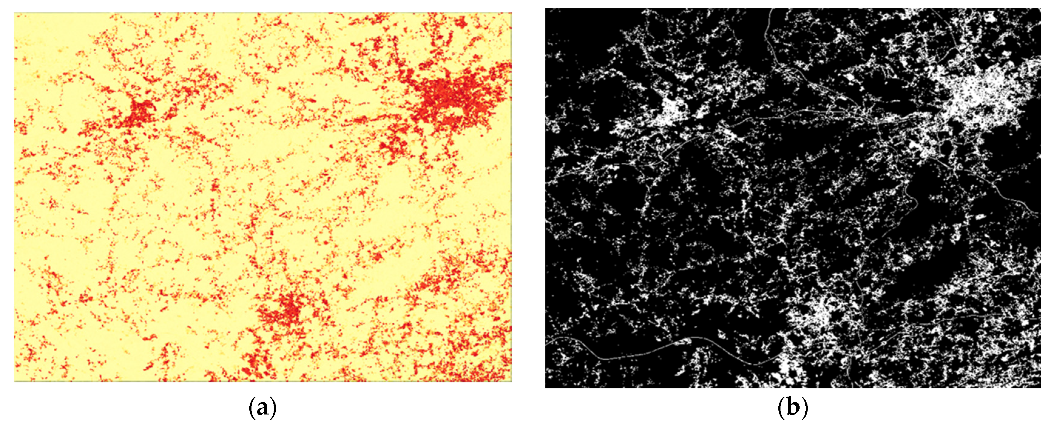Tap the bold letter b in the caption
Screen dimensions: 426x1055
[x=793, y=409]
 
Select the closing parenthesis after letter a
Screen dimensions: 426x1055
[x=273, y=409]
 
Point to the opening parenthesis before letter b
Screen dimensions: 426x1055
[x=781, y=409]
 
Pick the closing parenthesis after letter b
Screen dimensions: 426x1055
[x=805, y=409]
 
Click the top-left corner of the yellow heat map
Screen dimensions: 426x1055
[x=14, y=13]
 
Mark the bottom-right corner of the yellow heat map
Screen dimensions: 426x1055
[x=511, y=381]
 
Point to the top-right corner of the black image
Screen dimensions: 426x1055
[x=1040, y=9]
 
